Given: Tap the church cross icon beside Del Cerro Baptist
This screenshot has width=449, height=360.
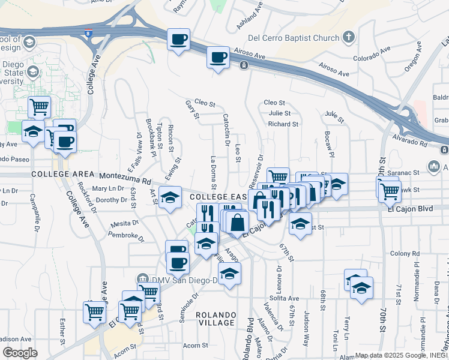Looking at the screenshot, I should point(349,38).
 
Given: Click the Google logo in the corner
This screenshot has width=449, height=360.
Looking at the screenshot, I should point(20,353).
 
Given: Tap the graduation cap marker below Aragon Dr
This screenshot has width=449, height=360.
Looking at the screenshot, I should point(228,274).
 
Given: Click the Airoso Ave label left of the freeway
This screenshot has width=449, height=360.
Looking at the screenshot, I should point(250,53).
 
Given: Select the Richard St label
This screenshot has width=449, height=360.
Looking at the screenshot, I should point(283,124).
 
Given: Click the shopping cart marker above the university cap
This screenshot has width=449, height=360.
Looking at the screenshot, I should point(40,107).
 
